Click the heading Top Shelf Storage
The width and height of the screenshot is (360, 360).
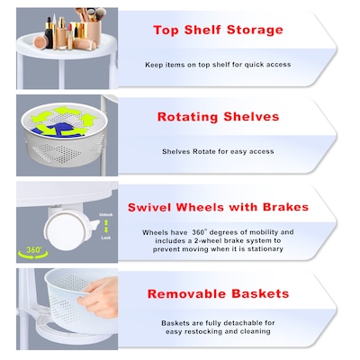coord(219,30)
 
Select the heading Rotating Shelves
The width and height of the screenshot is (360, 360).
coord(218,117)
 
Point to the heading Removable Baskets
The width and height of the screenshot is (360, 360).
coord(219,293)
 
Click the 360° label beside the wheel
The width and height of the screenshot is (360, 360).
coord(33,249)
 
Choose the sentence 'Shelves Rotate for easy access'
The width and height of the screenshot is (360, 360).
coord(219,151)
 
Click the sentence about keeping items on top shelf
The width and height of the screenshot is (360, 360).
coord(219,64)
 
